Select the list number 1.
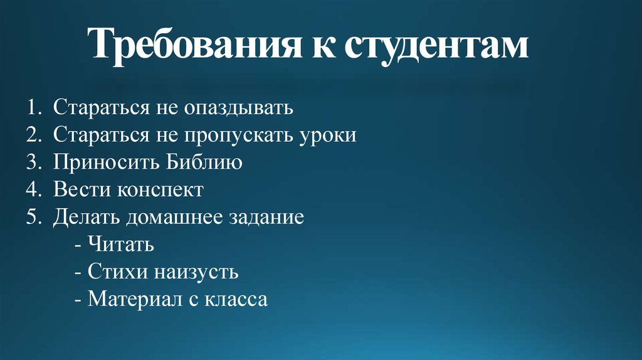click(x=32, y=108)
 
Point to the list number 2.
click(x=33, y=135)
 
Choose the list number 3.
click(x=33, y=162)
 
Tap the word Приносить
click(x=107, y=163)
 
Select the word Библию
click(x=205, y=162)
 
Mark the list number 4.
click(x=33, y=189)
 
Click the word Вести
click(x=78, y=189)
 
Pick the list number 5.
click(x=33, y=216)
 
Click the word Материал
click(x=134, y=299)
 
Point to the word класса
click(x=235, y=299)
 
